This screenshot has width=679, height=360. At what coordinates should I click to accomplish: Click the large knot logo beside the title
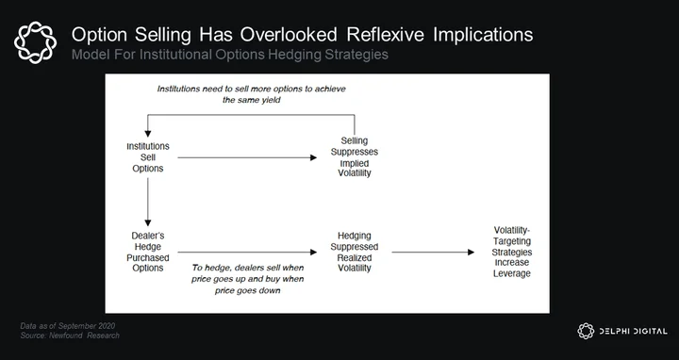(x=35, y=42)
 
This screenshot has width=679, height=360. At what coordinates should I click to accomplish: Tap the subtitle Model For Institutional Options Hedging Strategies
(x=229, y=55)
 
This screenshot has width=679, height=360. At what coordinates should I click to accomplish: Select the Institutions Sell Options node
(x=148, y=157)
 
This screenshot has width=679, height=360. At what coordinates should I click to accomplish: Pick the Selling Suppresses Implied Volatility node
(x=355, y=156)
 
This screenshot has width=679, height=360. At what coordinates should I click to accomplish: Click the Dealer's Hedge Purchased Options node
(x=148, y=252)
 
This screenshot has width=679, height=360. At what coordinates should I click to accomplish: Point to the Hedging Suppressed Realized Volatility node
(x=355, y=252)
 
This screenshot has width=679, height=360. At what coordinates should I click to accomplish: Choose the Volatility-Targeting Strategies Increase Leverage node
(x=512, y=252)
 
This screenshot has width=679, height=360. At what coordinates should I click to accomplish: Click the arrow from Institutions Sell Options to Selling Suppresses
(x=247, y=157)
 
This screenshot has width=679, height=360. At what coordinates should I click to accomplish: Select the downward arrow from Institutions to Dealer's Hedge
(x=148, y=202)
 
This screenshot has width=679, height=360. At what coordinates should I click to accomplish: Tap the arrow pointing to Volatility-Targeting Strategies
(x=433, y=252)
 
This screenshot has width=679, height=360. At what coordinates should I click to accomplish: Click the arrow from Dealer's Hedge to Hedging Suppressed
(x=247, y=252)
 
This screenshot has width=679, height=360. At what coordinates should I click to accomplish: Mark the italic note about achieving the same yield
(x=251, y=94)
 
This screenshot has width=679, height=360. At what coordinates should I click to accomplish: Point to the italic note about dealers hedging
(x=248, y=279)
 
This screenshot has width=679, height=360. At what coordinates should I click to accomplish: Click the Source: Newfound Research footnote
(x=70, y=335)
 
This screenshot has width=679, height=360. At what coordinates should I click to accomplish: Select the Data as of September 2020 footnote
(x=68, y=326)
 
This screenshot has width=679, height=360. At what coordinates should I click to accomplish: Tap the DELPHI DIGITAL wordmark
(x=633, y=332)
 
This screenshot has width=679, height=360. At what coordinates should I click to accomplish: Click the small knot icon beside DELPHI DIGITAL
(x=586, y=331)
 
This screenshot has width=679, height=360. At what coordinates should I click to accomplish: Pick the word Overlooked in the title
(x=289, y=35)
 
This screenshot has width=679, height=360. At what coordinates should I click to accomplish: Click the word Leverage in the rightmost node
(x=512, y=273)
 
